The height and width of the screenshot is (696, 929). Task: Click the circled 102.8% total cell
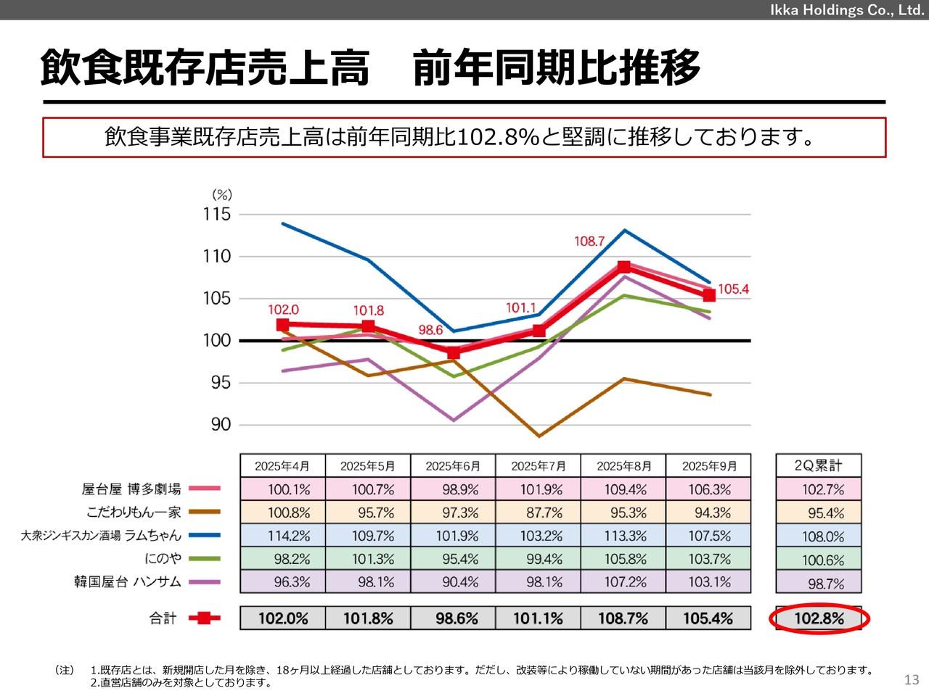819,618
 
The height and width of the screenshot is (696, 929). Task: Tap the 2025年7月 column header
539,465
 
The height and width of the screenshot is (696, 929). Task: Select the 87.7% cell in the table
544,513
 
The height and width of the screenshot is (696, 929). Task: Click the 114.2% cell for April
289,536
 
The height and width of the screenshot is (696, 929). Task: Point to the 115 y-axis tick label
216,214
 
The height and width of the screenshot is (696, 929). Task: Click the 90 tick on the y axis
221,424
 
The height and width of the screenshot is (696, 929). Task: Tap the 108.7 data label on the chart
589,241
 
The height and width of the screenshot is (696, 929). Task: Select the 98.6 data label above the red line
430,330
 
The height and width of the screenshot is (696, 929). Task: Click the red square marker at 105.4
709,295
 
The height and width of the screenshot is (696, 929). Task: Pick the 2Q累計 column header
818,465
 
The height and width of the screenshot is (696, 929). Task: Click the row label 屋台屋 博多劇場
131,489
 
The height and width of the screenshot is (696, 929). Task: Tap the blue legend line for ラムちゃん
204,536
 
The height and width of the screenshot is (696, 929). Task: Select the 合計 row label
163,618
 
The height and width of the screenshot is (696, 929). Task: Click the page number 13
912,679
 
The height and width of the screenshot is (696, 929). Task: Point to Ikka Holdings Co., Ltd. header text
847,10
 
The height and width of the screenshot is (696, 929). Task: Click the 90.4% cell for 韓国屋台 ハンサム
460,582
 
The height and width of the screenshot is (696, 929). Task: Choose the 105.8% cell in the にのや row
625,559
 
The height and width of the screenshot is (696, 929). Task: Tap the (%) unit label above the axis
222,194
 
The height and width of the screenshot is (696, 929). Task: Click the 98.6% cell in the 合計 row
457,618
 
